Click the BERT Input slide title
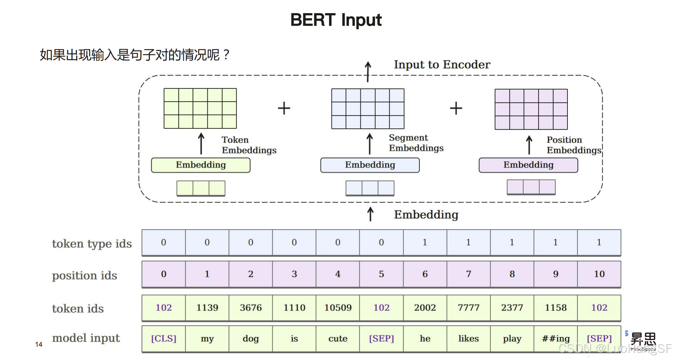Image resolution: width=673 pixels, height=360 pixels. point(336,20)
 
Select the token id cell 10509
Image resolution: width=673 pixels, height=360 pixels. point(338,308)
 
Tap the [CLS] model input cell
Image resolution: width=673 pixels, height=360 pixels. point(164,338)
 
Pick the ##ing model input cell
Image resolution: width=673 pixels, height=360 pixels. point(555,338)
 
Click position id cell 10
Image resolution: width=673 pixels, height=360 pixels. point(599,274)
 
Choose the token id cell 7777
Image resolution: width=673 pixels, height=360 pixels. point(468,308)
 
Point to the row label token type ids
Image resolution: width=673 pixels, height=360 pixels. point(92,244)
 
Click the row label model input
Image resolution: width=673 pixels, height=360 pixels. point(86,338)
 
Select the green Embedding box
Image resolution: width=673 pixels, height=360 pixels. point(201,165)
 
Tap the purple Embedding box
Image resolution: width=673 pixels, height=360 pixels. point(528,165)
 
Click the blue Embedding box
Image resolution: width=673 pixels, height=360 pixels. point(370,165)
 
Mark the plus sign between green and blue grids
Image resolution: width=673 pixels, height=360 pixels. point(284,108)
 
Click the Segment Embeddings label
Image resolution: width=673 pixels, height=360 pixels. point(416,143)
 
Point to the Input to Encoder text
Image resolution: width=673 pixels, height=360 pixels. point(442,65)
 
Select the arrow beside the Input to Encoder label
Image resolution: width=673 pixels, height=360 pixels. point(368,71)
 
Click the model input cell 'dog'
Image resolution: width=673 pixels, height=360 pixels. point(251,338)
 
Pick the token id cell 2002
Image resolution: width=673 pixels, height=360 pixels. point(425,308)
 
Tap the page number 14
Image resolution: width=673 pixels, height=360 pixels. point(38,344)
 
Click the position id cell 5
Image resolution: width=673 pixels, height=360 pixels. point(381,274)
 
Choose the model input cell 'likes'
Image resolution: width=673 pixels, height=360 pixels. point(468,338)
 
